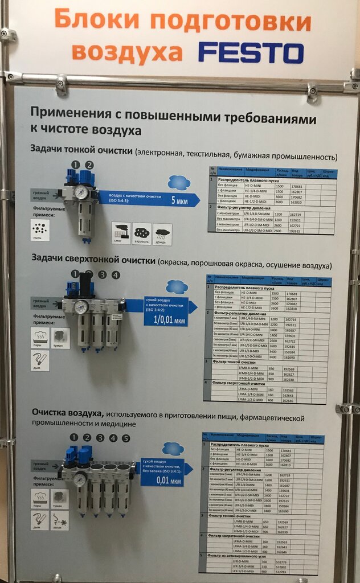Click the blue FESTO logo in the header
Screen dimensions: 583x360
click(x=251, y=52)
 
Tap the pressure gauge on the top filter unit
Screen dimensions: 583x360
click(x=81, y=192)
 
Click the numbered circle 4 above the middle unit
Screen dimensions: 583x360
click(x=116, y=275)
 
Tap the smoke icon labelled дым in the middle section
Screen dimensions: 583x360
click(x=40, y=360)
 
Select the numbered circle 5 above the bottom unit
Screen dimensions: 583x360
click(x=126, y=438)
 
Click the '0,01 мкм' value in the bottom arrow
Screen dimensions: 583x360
click(x=163, y=482)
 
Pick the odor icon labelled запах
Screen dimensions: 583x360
click(x=60, y=519)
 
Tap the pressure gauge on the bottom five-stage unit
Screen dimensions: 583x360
click(x=80, y=479)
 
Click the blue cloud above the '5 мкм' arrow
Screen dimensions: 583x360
click(x=179, y=182)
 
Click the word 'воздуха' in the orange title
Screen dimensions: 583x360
click(x=127, y=52)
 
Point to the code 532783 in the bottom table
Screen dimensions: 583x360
click(x=281, y=571)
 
